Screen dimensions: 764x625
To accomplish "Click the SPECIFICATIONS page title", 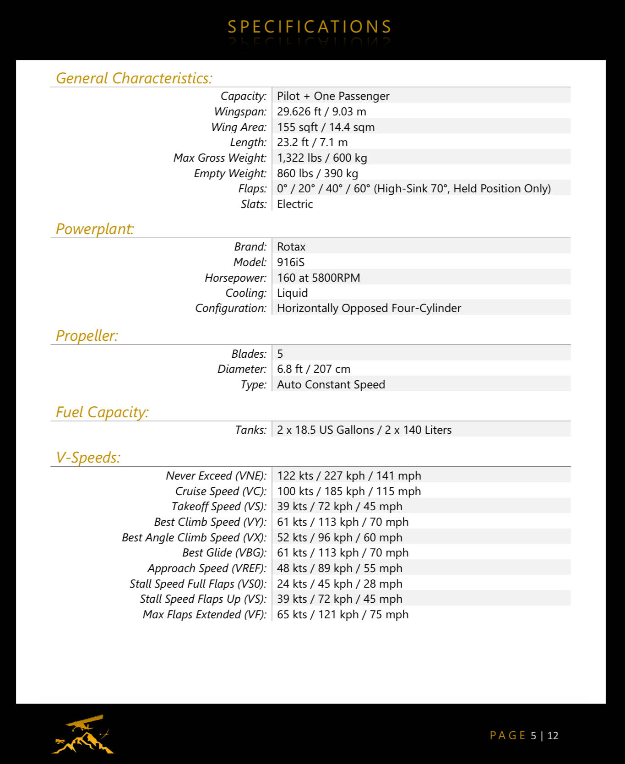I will (x=310, y=27).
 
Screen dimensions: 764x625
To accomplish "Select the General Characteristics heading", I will (x=134, y=78).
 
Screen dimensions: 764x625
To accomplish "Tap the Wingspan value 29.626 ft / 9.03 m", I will (x=321, y=112).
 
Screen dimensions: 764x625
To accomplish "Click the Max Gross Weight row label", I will (x=220, y=158).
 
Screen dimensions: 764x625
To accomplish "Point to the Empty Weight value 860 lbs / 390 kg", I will (x=317, y=174).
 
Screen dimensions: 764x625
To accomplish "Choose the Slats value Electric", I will (x=295, y=204).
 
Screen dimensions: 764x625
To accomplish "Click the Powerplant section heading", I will (x=95, y=229).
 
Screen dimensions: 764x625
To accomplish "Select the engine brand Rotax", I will (x=291, y=247).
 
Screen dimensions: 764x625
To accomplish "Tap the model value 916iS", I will (x=291, y=262).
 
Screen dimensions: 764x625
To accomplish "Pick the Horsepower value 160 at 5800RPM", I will (x=319, y=278).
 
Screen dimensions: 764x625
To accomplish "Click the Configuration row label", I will (x=231, y=308).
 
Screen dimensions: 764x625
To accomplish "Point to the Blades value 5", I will (x=280, y=354).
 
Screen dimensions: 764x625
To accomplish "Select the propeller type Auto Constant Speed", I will (x=331, y=385).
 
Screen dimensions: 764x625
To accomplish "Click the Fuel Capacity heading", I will (x=102, y=412).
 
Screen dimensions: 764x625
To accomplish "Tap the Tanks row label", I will (x=250, y=430).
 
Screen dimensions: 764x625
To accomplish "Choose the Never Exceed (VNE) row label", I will (x=216, y=476).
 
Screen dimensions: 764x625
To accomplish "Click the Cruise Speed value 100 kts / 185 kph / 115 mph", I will (x=349, y=491).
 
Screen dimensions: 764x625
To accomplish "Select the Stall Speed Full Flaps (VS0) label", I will (x=198, y=584).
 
